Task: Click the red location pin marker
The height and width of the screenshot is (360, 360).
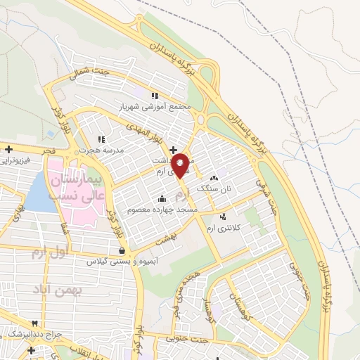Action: click(181, 165)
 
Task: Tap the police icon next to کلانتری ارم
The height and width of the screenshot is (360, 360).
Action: click(224, 216)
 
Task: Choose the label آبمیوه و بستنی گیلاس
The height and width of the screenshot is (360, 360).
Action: click(123, 262)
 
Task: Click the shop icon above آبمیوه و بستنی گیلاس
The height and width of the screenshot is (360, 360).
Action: click(123, 250)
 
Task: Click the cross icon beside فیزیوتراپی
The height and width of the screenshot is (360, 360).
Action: click(8, 149)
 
